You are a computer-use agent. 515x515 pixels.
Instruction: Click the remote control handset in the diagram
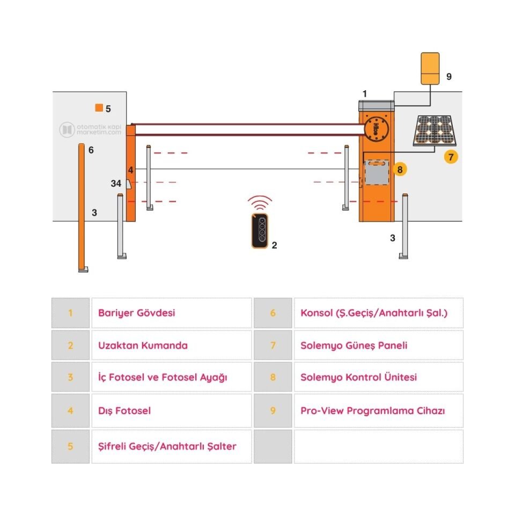click(260, 231)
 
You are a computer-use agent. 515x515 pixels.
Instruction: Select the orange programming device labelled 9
click(430, 68)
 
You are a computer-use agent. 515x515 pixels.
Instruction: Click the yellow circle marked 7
click(451, 157)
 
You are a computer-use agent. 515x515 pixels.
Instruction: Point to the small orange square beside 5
click(99, 108)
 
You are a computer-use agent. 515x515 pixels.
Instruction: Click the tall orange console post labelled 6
click(81, 207)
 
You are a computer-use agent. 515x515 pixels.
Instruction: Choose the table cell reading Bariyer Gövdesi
click(171, 313)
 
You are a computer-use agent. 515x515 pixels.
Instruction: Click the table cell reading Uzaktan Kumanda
click(171, 345)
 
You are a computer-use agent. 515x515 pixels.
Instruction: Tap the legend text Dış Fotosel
click(124, 411)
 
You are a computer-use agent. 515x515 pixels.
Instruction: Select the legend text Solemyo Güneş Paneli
click(354, 345)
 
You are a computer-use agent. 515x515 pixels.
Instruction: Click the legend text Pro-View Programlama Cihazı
click(373, 411)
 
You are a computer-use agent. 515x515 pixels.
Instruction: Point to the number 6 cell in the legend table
click(273, 313)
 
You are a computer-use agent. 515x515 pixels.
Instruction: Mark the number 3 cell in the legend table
click(70, 377)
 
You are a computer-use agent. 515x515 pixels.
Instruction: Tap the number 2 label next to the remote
click(274, 245)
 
